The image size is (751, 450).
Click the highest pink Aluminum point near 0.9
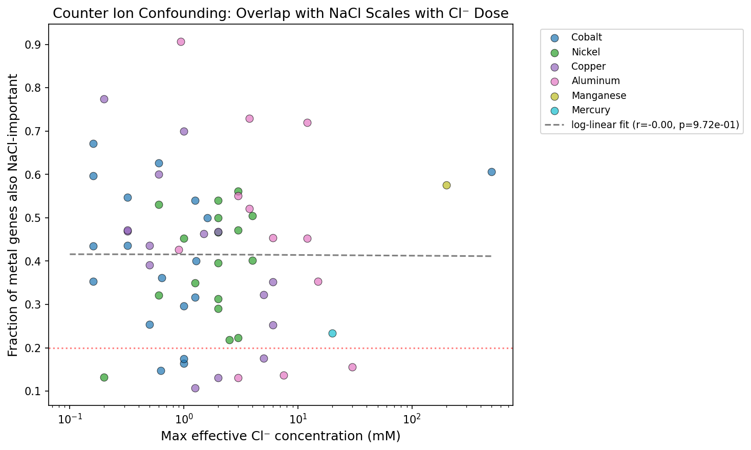(x=181, y=42)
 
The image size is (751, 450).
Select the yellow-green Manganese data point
(x=446, y=185)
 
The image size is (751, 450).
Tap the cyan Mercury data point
(x=332, y=333)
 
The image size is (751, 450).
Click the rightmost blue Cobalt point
(x=491, y=172)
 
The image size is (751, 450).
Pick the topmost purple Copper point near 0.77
(x=104, y=99)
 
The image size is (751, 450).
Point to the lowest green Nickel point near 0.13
(x=104, y=377)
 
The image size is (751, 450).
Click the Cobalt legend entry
(x=586, y=37)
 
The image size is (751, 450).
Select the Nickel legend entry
(x=585, y=52)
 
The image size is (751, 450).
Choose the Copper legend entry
(x=588, y=67)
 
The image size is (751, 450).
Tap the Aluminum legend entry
(x=595, y=81)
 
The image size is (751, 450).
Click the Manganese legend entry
(x=598, y=95)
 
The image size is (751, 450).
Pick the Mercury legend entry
(x=590, y=110)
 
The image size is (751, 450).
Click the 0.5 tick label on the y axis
(x=34, y=218)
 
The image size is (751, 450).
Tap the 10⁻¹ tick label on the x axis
(x=69, y=420)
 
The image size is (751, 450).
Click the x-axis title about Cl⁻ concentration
(x=281, y=436)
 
